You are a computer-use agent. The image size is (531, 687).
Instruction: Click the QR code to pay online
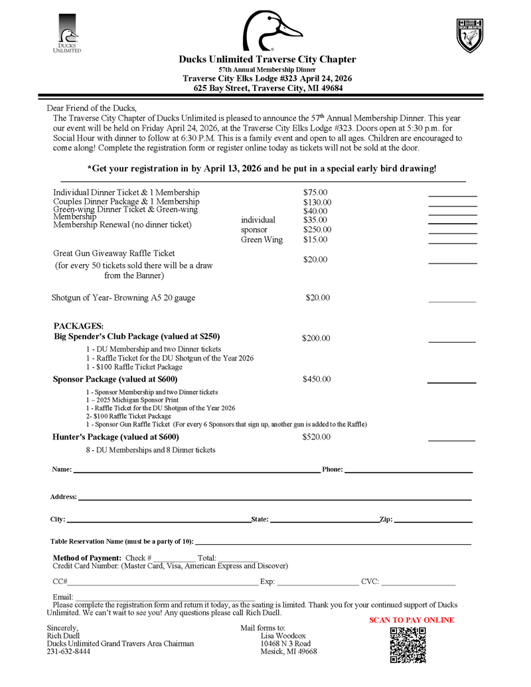[x=408, y=645]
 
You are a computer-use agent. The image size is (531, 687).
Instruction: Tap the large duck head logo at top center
[x=272, y=31]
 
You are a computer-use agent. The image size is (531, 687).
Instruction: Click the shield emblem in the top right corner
[x=470, y=35]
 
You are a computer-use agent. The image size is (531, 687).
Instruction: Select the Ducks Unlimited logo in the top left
[x=66, y=33]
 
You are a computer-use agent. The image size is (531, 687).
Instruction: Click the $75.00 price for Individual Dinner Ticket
[x=315, y=192]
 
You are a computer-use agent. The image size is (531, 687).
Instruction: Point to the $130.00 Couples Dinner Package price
[x=317, y=202]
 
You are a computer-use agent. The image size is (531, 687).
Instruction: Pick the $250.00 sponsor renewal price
[x=317, y=230]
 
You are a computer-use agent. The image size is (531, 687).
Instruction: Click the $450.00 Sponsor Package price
[x=317, y=380]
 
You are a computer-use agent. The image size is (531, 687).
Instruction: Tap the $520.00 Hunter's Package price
[x=317, y=437]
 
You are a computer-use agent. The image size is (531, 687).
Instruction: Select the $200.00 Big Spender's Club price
[x=316, y=339]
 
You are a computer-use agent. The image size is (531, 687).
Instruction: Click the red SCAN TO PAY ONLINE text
[x=412, y=620]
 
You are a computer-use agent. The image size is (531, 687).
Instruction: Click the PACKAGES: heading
[x=78, y=326]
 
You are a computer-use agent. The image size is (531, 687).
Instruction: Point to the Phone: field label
[x=333, y=469]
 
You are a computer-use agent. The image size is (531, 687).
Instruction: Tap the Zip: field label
[x=386, y=519]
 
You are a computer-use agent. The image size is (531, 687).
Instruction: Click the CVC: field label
[x=370, y=582]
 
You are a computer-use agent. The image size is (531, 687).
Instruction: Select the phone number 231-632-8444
[x=68, y=652]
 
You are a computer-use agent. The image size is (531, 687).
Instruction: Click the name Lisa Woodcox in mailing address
[x=283, y=635]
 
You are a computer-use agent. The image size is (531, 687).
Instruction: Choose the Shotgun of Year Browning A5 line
[x=123, y=298]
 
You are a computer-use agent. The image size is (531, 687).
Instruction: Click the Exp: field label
[x=267, y=582]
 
